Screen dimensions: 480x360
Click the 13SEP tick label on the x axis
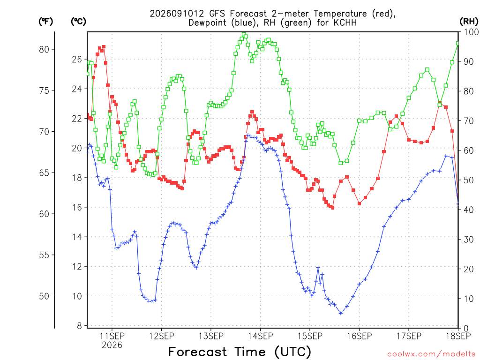(211, 336)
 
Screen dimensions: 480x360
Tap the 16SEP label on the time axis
(360, 336)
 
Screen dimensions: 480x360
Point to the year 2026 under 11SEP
(112, 345)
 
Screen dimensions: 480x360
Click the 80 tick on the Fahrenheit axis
(44, 49)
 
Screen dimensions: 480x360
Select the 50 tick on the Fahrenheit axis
(44, 296)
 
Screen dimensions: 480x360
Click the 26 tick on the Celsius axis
(77, 59)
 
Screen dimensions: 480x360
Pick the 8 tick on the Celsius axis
(80, 326)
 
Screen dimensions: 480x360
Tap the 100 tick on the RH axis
(471, 32)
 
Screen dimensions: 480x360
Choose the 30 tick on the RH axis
(469, 240)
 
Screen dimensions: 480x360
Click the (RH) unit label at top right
(469, 22)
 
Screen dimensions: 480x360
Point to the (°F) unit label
(45, 22)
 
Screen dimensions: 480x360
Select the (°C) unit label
(78, 22)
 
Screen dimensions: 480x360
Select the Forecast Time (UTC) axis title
(240, 352)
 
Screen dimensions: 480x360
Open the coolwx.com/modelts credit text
(431, 354)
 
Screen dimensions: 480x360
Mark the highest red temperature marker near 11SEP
(104, 47)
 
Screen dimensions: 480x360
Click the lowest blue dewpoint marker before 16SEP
(341, 313)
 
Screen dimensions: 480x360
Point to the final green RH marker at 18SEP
(458, 44)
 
